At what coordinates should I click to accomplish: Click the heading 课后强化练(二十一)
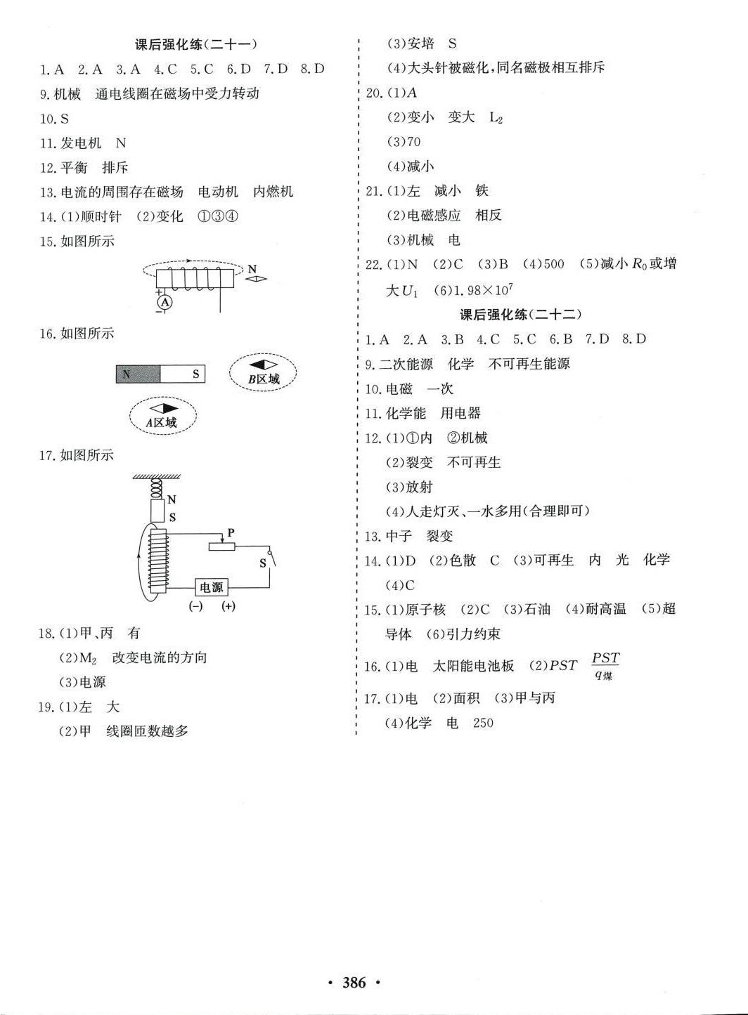coord(196,44)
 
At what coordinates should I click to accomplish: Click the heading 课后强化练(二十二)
coord(521,314)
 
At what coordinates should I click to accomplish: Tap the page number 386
coord(354,983)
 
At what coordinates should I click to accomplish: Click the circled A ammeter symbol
coord(165,302)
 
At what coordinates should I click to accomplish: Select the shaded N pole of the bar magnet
coord(138,374)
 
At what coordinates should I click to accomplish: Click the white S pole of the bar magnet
coord(183,374)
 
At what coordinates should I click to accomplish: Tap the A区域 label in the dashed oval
coord(162,422)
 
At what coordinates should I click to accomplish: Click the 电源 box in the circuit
coord(211,587)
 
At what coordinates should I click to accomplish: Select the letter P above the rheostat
coord(231,533)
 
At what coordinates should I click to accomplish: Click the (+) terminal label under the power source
coord(228,606)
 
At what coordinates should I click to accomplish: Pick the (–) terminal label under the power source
coord(195,606)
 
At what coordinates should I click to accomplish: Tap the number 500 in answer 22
coord(553,264)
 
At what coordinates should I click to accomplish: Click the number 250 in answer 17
coord(483,722)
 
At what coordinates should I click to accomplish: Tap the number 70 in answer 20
coord(413,142)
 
